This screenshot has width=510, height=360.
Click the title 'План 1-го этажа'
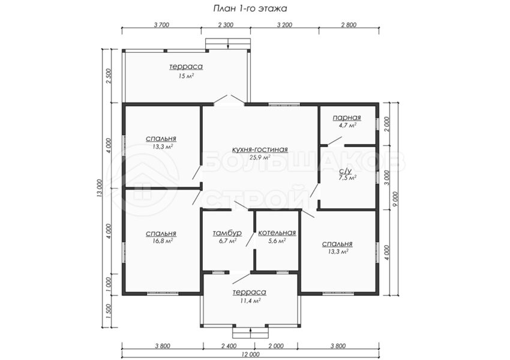click(250, 8)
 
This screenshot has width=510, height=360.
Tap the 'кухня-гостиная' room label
click(260, 149)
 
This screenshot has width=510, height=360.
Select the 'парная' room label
click(347, 118)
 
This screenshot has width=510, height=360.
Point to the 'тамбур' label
click(227, 233)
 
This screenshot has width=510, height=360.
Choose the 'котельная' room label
click(277, 233)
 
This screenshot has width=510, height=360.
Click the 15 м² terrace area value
click(186, 76)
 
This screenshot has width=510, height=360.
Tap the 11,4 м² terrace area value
click(250, 301)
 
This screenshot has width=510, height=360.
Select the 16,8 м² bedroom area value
click(161, 241)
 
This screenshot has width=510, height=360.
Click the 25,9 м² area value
click(260, 157)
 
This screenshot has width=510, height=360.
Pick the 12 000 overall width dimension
click(250, 355)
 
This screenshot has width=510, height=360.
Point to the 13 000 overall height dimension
click(99, 188)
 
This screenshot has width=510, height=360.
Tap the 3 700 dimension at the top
click(161, 25)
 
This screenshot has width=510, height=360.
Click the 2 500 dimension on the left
click(109, 76)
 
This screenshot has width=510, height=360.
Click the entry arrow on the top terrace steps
click(228, 44)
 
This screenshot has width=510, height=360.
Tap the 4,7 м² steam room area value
click(347, 125)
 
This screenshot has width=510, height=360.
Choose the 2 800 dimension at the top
click(349, 25)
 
